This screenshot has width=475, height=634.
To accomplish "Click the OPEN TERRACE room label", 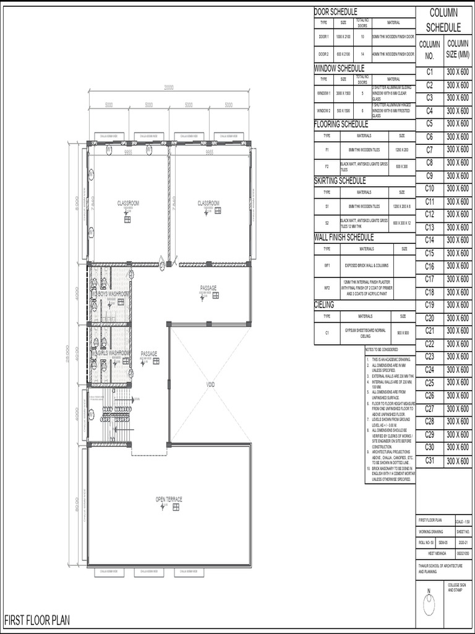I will coord(169,499).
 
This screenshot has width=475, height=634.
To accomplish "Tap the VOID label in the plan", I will coord(210,384).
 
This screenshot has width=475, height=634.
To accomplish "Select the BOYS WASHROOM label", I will coord(114,293).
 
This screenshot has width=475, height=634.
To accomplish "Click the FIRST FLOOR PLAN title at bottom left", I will coord(37,620).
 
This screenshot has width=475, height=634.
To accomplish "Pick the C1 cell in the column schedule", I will coord(430,72).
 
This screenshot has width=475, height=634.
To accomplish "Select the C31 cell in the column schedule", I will coord(430,460).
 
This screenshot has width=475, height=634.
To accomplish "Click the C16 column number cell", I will coord(430,266).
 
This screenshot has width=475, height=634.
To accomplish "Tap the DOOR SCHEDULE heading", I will coord(336,12).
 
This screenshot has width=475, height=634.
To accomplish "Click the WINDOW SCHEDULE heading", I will coord(340,68).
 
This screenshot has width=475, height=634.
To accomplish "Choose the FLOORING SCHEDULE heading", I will coord(341,124).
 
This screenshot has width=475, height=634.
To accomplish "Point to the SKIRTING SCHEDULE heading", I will coord(340,181).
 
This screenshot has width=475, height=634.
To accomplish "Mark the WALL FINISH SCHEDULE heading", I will coord(344,237).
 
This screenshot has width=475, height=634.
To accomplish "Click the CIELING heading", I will coord(325,305).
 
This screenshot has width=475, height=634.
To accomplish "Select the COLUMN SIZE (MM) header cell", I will coord(459,50).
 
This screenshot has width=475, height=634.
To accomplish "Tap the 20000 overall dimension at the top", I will coord(169,87).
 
